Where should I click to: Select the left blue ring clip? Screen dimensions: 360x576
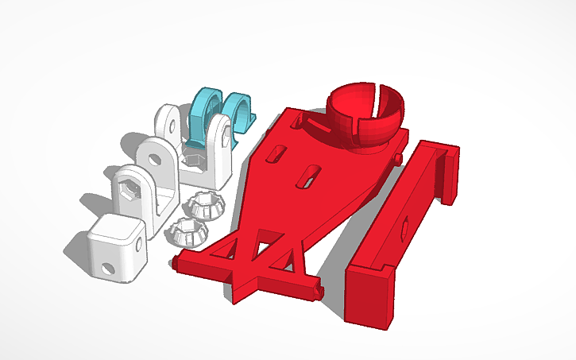tap(205, 111)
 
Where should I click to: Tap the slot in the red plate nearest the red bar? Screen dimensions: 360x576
tap(308, 177)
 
